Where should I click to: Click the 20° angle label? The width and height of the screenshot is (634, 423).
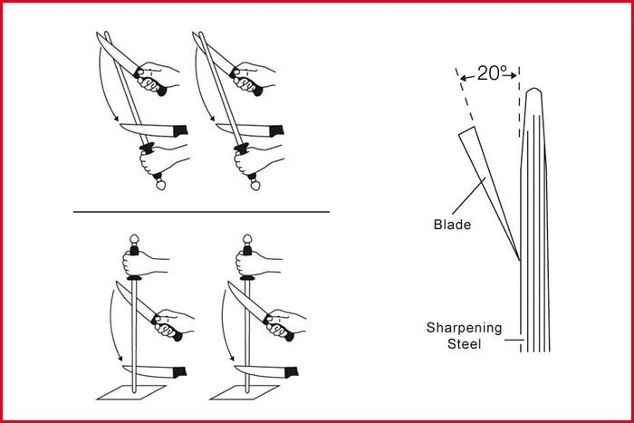489,73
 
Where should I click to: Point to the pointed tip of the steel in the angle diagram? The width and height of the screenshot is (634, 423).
535,90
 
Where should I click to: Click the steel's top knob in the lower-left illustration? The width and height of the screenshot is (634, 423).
134,243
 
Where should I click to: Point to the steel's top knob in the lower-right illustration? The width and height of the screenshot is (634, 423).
246,243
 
